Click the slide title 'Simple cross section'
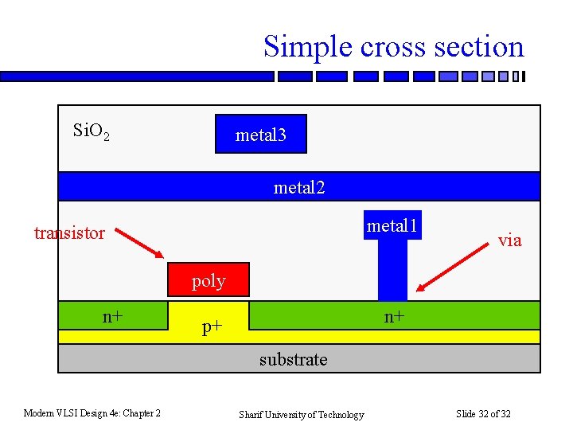(394, 46)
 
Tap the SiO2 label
(91, 131)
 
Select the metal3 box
(260, 135)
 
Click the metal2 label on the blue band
(299, 187)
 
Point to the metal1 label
(392, 226)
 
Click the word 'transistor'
(69, 233)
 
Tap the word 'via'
(509, 240)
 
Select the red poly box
(208, 280)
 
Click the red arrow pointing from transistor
(140, 242)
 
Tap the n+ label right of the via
(395, 316)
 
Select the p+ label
(211, 326)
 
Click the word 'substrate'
(293, 360)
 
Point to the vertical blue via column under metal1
(392, 271)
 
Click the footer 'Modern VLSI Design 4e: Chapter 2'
(92, 412)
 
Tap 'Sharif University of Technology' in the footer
(302, 414)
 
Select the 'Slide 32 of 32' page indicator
(483, 413)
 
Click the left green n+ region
(80, 315)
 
